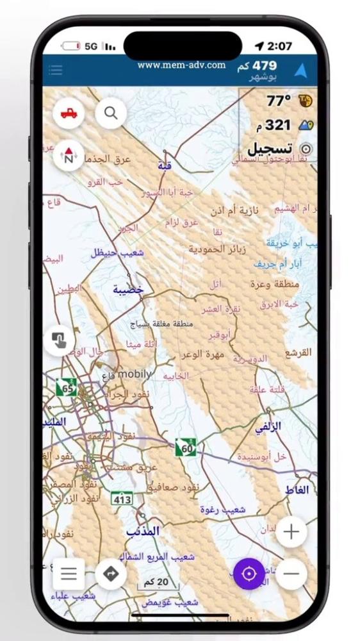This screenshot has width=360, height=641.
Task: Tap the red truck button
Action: (x=69, y=113)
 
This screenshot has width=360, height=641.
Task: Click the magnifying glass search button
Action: (x=111, y=113)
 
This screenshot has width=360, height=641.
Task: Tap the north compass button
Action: (x=69, y=154)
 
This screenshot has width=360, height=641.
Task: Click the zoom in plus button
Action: (x=291, y=531)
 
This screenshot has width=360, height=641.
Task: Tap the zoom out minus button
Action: (x=291, y=573)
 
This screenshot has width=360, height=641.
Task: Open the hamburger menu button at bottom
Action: (x=69, y=573)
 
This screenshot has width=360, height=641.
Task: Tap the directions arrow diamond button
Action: (x=110, y=573)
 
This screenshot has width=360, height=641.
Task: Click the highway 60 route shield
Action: (x=186, y=448)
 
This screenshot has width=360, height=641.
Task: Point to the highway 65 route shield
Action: (x=66, y=387)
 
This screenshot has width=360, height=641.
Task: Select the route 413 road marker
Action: (x=122, y=499)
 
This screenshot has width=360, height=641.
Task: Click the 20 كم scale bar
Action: (x=158, y=582)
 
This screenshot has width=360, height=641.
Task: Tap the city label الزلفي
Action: (x=268, y=426)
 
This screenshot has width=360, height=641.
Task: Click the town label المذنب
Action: (x=143, y=531)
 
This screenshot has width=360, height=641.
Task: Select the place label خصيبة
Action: (x=128, y=290)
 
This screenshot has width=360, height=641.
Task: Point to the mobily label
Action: (x=135, y=374)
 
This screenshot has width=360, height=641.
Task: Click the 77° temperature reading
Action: (x=279, y=101)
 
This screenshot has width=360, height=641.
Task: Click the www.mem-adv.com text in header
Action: (x=181, y=65)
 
